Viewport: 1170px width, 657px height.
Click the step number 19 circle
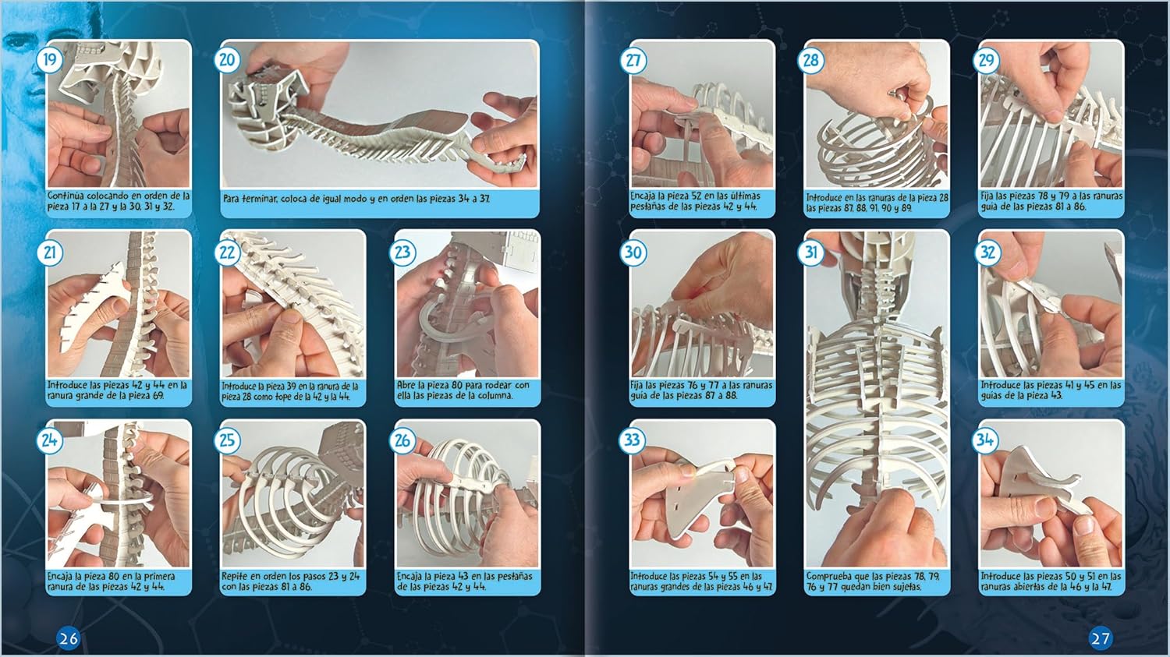[50, 60]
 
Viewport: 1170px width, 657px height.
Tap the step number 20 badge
[227, 60]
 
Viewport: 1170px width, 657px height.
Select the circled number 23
[402, 253]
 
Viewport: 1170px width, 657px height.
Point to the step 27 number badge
[633, 60]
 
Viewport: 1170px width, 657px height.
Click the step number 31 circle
[810, 253]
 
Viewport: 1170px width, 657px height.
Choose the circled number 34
[985, 440]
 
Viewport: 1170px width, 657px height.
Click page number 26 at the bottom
[68, 638]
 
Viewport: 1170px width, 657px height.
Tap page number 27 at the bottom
[1100, 638]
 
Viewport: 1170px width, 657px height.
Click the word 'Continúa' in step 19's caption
[68, 196]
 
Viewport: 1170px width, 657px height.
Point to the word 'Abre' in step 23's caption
[407, 385]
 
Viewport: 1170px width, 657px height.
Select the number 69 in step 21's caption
[158, 396]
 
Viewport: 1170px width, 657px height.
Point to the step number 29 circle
[986, 60]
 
